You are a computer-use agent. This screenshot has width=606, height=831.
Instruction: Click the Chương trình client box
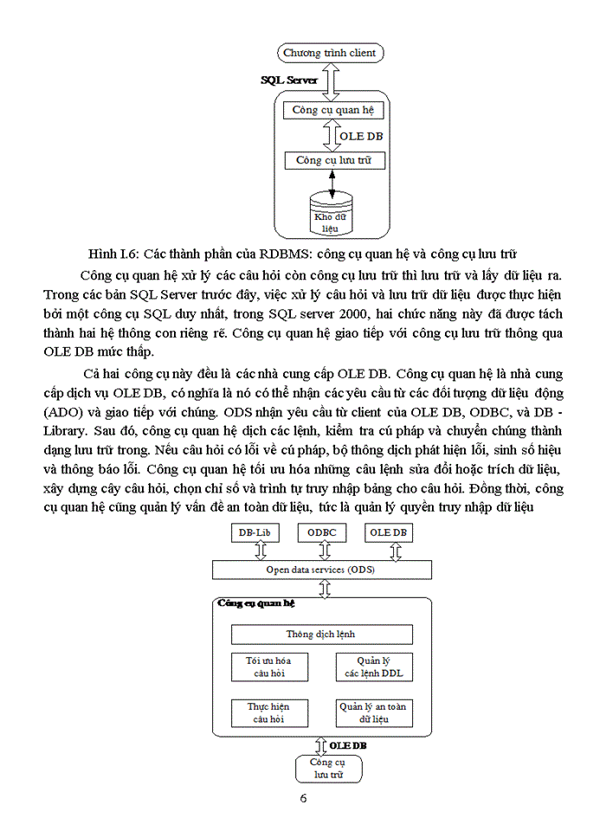pos(330,53)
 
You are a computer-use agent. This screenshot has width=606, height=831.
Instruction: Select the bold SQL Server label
pos(289,80)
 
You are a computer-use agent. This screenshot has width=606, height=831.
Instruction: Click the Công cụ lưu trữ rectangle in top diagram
pos(333,160)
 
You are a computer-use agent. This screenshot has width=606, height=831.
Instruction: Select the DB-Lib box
pos(256,533)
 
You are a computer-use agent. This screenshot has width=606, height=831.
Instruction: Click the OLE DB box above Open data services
pos(387,533)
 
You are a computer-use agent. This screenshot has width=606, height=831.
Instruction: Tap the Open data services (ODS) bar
pos(321,570)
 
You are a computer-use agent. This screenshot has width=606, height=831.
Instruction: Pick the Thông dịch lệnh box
pos(321,635)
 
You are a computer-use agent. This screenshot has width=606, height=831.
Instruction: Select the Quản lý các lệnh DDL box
pos(375,667)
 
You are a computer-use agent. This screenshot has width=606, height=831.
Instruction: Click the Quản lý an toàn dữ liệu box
pos(375,712)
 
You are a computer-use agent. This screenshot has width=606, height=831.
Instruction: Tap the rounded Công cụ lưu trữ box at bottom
pos(329,769)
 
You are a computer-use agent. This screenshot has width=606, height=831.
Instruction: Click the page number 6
pos(304,798)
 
